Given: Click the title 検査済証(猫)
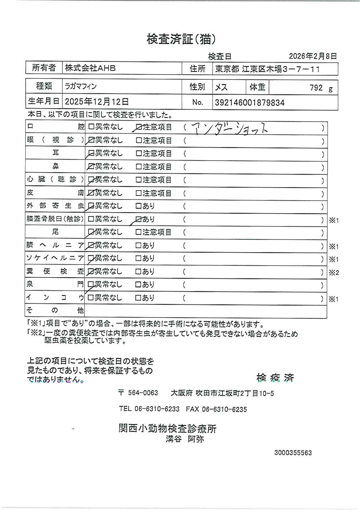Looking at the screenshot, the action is point(181,39).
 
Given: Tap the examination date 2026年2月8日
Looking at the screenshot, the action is point(312,56).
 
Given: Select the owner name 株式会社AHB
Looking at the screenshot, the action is point(90,68).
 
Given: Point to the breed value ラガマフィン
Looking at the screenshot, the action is point(80,86).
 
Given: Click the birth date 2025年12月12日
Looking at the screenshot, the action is point(96,102).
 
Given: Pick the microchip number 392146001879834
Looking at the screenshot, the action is point(250,103).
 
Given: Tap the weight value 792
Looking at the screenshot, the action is point(316,88).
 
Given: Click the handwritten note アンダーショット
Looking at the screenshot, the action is point(229,128).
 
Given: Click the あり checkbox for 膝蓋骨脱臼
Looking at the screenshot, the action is point(139,219).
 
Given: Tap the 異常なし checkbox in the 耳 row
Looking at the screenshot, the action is point(91,154).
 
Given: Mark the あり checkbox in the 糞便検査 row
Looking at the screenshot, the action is point(139,272).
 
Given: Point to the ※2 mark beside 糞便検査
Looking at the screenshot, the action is point(334,273).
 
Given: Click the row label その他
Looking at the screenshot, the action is point(55,310).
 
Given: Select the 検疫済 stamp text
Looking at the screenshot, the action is point(275,378).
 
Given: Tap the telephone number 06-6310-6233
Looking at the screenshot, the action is point(157,409).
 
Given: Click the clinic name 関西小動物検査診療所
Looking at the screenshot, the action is point(167,428).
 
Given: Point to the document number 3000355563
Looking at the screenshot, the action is point(293,453).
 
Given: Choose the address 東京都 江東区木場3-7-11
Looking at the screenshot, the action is point(267,69).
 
